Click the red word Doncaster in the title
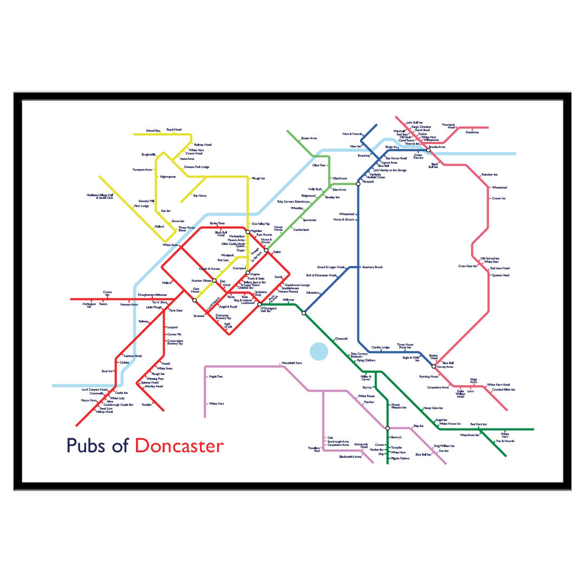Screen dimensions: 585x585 point(179,445)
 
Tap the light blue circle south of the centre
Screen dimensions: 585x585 point(319,351)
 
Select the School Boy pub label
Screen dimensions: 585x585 point(153,131)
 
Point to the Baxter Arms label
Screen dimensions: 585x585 point(309,138)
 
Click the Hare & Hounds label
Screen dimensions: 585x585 point(352,134)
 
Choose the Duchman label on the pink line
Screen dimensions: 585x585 point(472,132)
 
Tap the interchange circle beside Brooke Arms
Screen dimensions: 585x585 point(428,150)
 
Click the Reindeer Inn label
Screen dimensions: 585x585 point(489,174)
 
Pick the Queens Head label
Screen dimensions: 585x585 point(500,275)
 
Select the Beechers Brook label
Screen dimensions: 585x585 point(372,267)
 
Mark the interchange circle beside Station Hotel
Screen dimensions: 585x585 point(433,366)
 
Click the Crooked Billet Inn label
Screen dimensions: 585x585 point(503,389)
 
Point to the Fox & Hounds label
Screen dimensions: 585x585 point(505,441)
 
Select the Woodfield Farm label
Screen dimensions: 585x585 point(291,363)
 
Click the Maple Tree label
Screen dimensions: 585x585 point(216,376)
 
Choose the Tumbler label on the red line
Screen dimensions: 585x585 point(147,405)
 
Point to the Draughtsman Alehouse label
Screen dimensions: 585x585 point(152,295)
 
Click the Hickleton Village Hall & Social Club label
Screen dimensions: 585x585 point(100,196)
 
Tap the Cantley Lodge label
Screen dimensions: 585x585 point(380,347)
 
